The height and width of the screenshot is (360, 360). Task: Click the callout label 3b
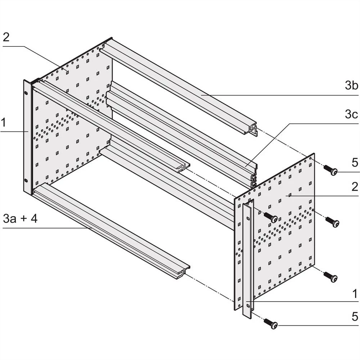pos(351,86)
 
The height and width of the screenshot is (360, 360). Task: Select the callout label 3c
pos(351,114)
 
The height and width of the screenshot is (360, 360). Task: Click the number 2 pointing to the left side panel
pos(6,37)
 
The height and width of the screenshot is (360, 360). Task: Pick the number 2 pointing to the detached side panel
pos(354,186)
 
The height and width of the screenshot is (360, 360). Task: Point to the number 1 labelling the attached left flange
pos(3,123)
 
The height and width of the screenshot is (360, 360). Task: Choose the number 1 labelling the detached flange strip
pos(354,294)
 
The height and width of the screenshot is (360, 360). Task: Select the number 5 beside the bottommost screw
pos(354,317)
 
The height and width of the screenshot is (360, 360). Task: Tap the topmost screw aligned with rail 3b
pos(330,170)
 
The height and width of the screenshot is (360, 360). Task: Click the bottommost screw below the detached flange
pos(270,324)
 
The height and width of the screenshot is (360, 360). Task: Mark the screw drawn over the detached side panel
pos(270,217)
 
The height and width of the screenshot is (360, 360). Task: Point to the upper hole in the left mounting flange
pos(26,93)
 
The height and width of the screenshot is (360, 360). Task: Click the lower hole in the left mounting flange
pos(26,181)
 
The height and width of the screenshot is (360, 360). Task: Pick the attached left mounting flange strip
pos(27,137)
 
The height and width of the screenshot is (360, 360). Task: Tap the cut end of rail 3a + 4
pos(183,273)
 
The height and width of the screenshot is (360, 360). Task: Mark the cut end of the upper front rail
pos(184,167)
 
